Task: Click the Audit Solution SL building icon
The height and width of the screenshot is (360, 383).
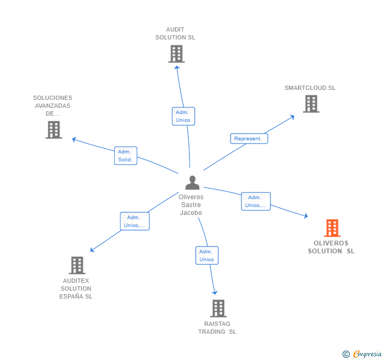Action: click(x=176, y=54)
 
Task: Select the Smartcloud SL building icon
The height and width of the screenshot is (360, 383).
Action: click(x=311, y=104)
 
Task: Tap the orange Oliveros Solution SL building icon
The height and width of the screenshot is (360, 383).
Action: click(x=332, y=228)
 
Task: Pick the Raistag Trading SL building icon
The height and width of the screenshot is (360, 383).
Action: click(x=218, y=308)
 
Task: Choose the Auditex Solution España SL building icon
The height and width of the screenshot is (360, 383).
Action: click(x=77, y=265)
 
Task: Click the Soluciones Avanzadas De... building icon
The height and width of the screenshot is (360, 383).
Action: click(x=54, y=130)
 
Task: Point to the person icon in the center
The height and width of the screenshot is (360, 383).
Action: click(x=193, y=183)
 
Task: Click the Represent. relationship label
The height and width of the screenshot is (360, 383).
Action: click(x=249, y=139)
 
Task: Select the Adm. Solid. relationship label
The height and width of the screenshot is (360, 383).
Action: click(x=125, y=156)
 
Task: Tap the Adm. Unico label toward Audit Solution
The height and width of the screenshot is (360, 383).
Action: click(x=183, y=116)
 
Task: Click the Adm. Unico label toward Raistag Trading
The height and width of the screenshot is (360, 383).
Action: click(x=207, y=255)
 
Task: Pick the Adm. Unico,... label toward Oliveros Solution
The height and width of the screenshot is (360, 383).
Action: click(x=256, y=201)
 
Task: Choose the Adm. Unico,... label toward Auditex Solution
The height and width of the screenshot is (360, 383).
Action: click(x=134, y=221)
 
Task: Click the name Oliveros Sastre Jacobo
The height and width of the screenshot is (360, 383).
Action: click(x=191, y=205)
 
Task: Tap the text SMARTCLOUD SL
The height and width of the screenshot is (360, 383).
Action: click(x=310, y=88)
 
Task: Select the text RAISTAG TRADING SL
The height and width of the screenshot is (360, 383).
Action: click(x=217, y=328)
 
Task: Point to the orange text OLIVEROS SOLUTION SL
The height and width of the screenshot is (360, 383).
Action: click(x=331, y=247)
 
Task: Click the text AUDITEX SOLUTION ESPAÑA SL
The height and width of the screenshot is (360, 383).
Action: click(x=76, y=289)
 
